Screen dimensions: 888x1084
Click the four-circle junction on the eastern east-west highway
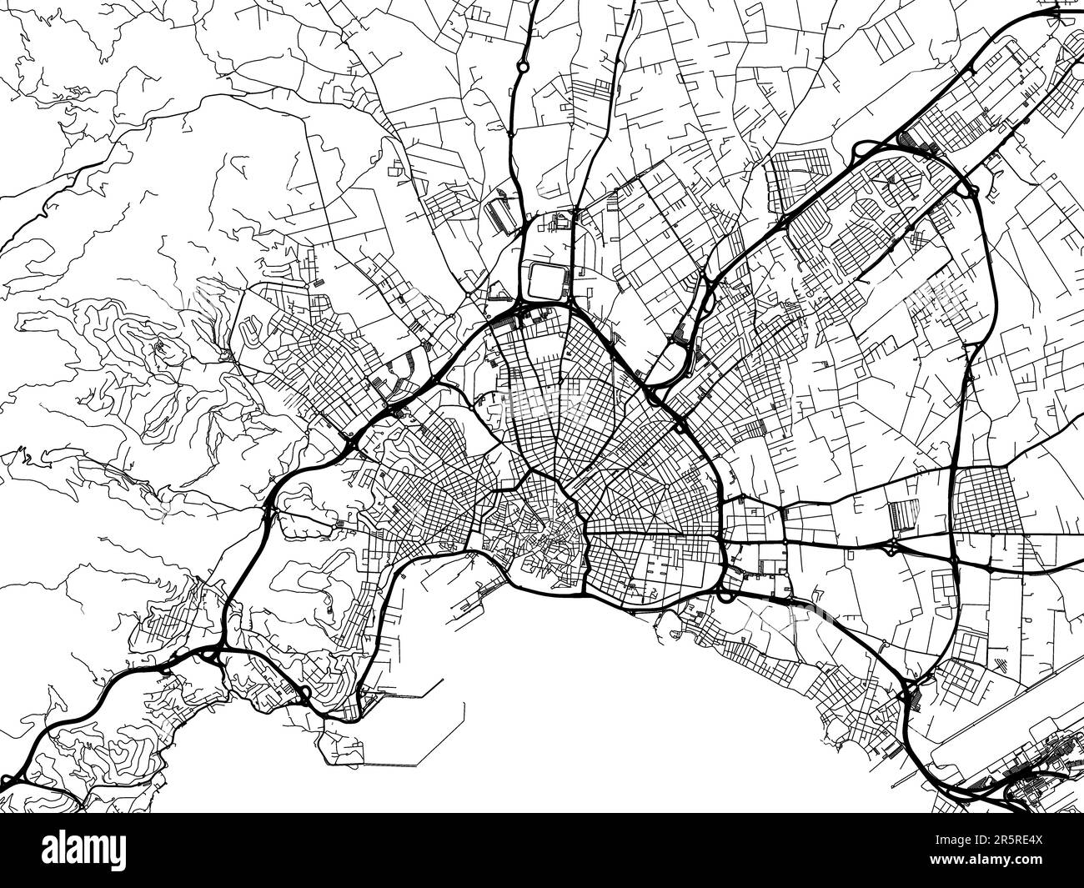pyautogui.click(x=892, y=546)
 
